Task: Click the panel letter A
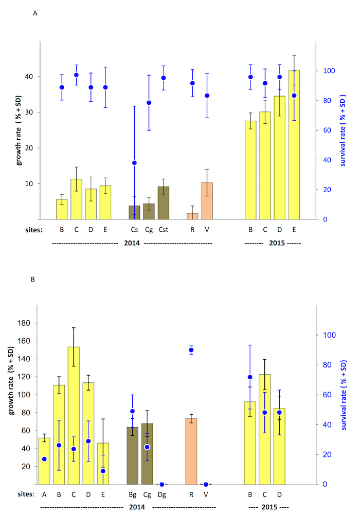(x=35, y=14)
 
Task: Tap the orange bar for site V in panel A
(x=207, y=201)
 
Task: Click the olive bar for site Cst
(x=164, y=203)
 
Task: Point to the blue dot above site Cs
(x=134, y=163)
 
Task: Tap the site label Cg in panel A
(x=149, y=230)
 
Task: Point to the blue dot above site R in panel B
(x=191, y=350)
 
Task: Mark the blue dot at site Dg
(x=162, y=484)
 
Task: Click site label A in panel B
(x=44, y=494)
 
